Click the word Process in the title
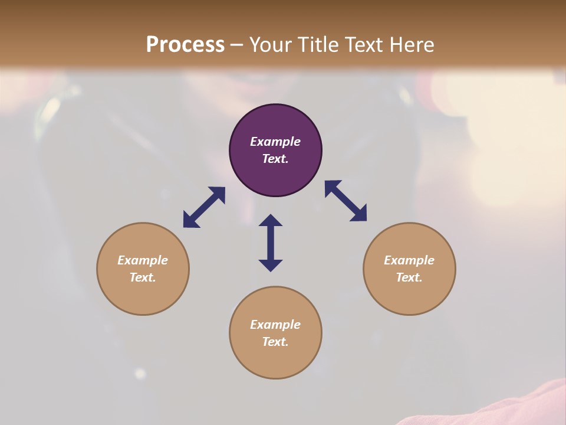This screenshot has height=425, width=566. click(x=185, y=45)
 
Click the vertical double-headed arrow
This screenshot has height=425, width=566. click(x=271, y=243)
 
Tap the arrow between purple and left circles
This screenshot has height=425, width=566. click(x=204, y=207)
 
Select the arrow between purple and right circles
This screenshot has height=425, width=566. click(x=345, y=201)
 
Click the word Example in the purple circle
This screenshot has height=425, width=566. click(x=275, y=142)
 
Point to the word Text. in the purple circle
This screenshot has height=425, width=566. click(x=275, y=159)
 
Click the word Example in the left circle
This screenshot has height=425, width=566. click(x=143, y=260)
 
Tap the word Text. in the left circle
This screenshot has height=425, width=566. click(x=143, y=277)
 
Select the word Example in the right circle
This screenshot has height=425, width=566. click(x=409, y=260)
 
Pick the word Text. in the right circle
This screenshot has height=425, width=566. click(x=409, y=277)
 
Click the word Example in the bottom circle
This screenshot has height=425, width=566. click(x=275, y=325)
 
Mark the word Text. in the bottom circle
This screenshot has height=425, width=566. click(x=275, y=342)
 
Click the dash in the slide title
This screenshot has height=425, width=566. click(x=237, y=45)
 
